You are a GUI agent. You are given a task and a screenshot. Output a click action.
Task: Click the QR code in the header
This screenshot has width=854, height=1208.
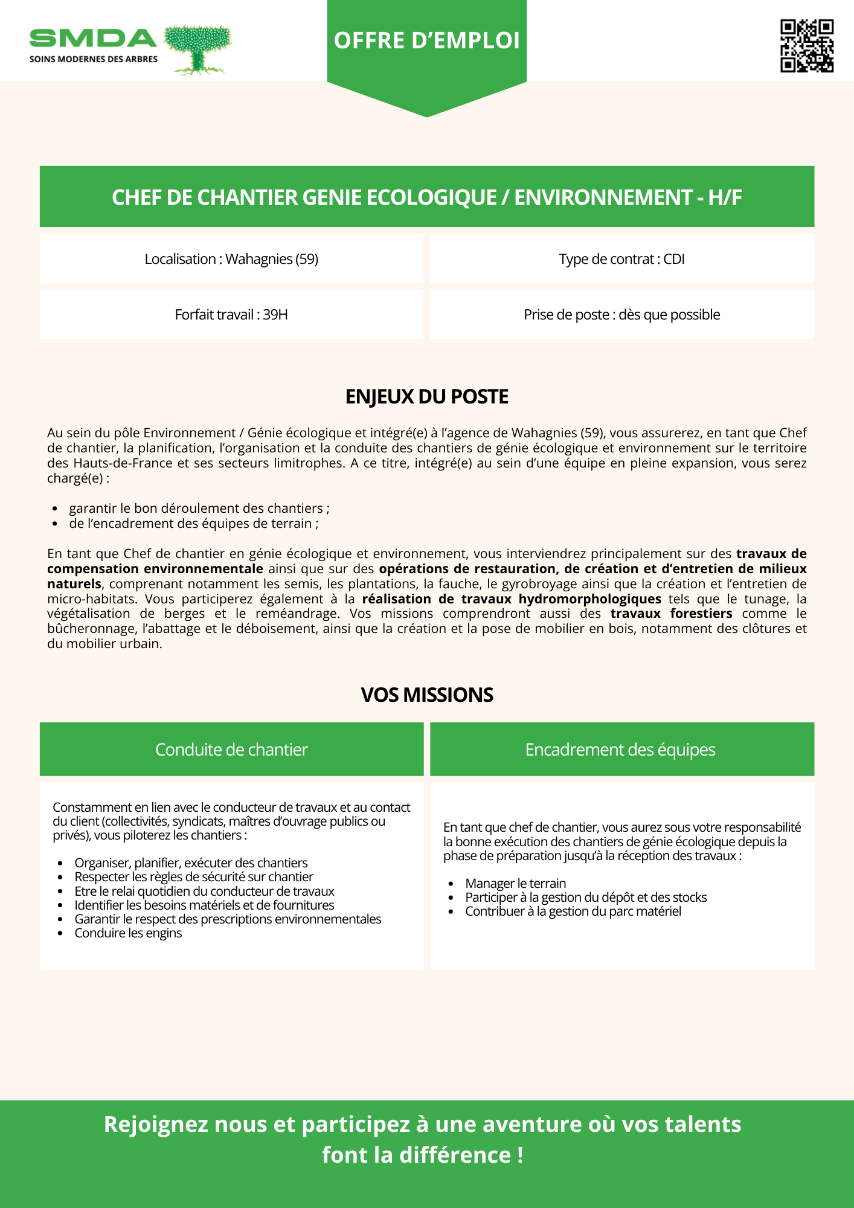pos(806,46)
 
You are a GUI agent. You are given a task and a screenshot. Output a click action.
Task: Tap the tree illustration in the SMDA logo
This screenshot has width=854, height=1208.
pos(198,50)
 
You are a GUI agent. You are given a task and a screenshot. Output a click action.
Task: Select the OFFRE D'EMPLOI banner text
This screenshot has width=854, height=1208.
pos(426,40)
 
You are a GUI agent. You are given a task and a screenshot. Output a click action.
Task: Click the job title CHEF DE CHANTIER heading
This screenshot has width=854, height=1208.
pos(426,198)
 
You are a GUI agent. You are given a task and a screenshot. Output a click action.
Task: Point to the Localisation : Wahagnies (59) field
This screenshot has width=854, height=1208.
pos(231,259)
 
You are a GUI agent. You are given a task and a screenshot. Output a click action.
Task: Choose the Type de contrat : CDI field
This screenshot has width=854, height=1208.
pos(621,259)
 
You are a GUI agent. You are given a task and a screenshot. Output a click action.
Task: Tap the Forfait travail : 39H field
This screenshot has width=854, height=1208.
pos(231,315)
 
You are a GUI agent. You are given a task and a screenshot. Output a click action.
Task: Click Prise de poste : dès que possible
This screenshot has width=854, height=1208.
pos(621,315)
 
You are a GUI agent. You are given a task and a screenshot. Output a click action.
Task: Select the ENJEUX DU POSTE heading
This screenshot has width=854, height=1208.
pos(426,397)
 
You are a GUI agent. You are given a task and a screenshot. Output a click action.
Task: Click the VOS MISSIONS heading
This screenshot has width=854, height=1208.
pos(426,695)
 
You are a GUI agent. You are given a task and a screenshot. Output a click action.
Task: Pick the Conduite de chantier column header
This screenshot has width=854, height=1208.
pos(231,750)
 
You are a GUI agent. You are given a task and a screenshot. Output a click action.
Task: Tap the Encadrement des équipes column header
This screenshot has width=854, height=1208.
pos(620,750)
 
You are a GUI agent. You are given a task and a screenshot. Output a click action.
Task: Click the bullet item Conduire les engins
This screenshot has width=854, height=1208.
pos(128,933)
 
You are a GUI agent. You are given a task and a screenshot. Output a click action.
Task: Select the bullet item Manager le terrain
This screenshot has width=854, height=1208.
pos(515,883)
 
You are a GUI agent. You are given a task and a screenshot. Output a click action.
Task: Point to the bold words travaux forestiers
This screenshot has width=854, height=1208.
pos(671,614)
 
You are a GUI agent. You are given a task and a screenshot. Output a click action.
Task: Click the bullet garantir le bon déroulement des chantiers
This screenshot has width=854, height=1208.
pos(199,509)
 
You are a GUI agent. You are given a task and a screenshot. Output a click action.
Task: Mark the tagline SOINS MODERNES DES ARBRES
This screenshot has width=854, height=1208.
pos(94,59)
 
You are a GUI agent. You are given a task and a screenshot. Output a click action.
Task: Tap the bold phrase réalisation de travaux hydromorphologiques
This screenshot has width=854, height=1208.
pos(512,599)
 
